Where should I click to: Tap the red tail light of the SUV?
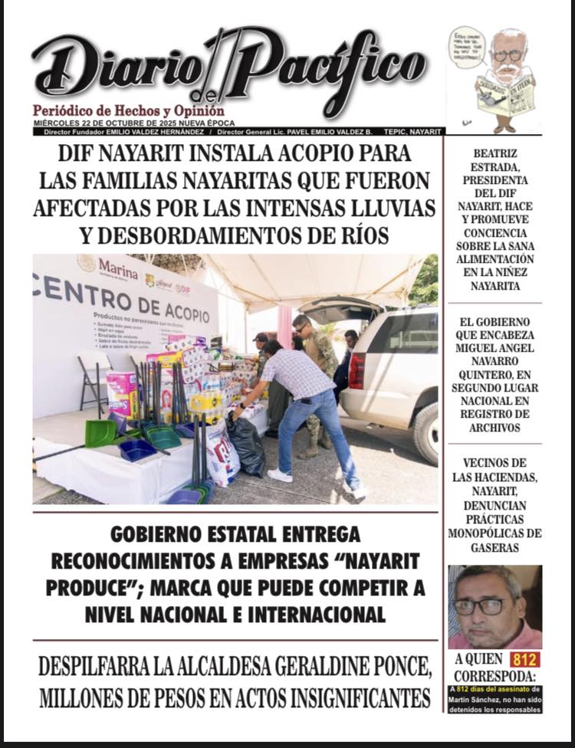click(356, 370)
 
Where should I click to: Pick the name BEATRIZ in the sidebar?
click(495, 153)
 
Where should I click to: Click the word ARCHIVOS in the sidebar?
click(495, 428)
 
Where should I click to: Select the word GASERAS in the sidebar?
click(495, 547)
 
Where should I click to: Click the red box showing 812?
click(525, 659)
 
